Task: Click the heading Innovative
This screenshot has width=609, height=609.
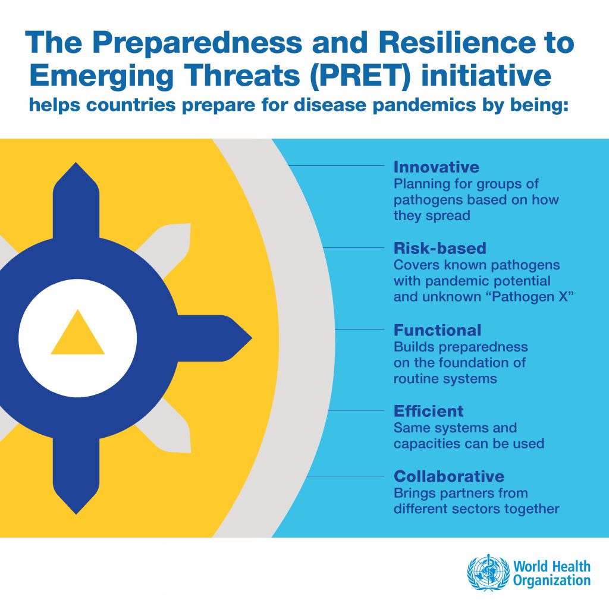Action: coord(436,167)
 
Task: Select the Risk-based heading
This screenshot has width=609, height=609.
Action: coord(440,248)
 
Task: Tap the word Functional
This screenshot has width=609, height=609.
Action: coord(437,330)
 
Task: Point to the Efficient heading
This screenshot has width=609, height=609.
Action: coord(428,411)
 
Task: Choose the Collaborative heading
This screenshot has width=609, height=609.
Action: coord(449,476)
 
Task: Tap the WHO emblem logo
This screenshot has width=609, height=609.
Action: coord(488,573)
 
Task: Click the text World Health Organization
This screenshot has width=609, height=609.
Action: coord(552,573)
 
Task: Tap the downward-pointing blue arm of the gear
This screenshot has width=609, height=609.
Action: coord(76,476)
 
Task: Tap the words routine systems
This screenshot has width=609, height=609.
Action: coord(445,378)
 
